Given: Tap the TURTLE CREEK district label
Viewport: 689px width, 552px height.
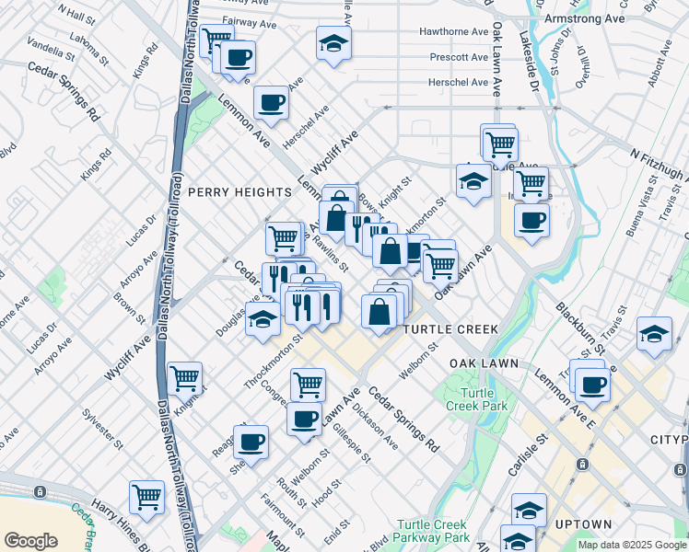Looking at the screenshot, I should [449, 329].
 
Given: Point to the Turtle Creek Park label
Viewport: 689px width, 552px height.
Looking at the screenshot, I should [476, 397].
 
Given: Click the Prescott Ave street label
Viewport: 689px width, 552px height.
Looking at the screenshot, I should [459, 57].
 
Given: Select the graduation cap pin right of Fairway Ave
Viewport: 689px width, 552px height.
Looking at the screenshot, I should [333, 41].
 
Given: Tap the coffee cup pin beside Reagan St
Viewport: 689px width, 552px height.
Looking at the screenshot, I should [251, 442].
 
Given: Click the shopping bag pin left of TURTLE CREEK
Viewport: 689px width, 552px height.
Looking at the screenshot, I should [380, 311].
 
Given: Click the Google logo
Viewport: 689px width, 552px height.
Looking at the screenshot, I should [30, 540].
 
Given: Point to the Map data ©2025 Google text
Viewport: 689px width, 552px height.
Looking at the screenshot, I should [631, 545].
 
